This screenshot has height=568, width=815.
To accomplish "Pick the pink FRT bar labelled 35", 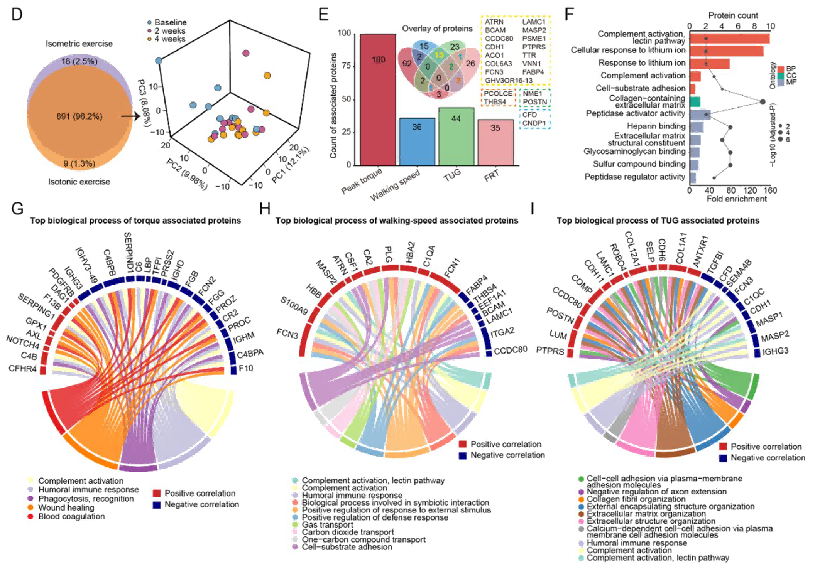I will tap(495, 142).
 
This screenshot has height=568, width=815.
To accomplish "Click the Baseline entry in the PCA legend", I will tap(170, 22).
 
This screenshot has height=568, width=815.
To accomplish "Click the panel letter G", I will tap(17, 209).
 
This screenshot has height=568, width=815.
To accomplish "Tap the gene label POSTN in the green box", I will tap(534, 102).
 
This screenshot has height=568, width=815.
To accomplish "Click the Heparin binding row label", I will tap(656, 126).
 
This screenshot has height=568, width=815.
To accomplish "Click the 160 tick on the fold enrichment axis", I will tap(770, 190).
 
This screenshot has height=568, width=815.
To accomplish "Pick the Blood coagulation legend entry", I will tap(71, 517).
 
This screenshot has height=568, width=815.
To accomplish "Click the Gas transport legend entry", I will tap(327, 525).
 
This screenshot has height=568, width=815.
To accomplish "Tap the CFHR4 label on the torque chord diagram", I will tap(22, 369).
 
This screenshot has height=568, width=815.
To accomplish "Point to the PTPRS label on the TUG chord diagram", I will tap(550, 351).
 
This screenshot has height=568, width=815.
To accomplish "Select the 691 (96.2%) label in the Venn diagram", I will tap(79, 116).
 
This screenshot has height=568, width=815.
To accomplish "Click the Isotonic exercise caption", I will tap(79, 182).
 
